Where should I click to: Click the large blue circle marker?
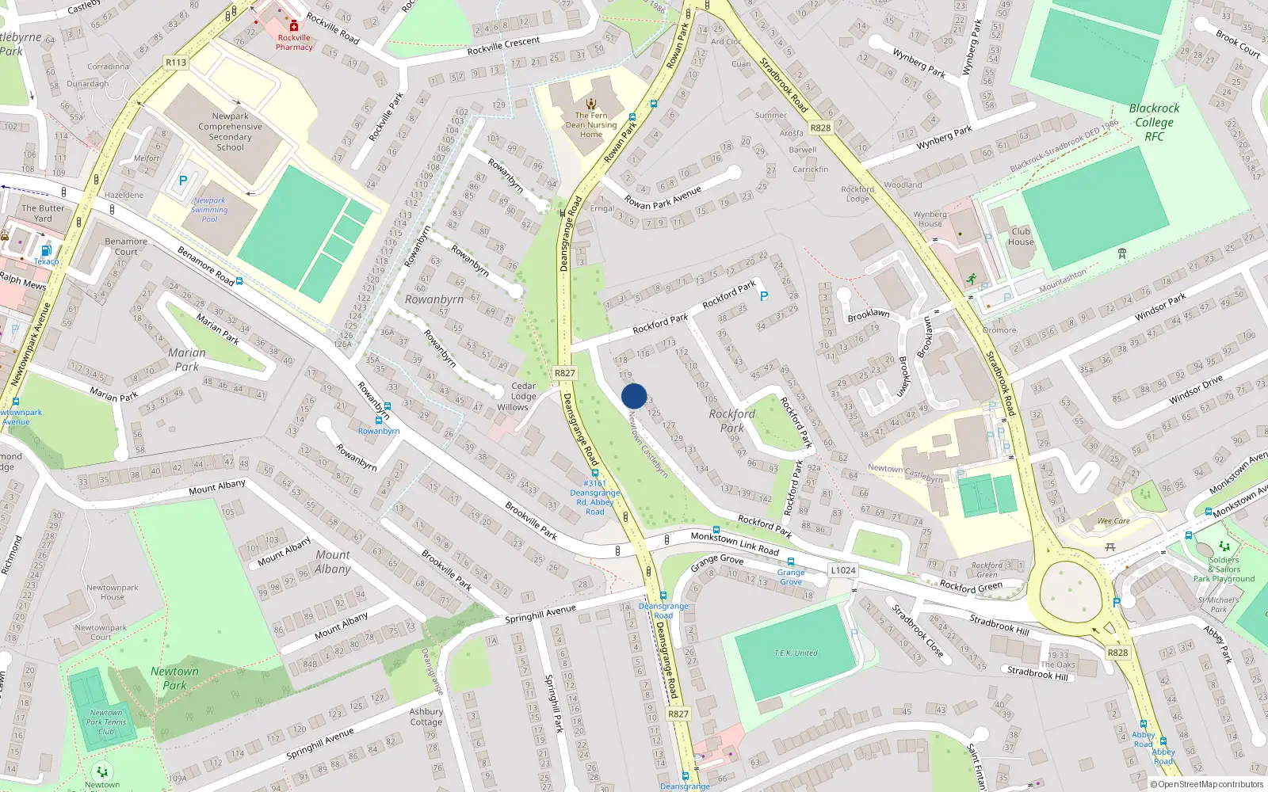[x=634, y=396]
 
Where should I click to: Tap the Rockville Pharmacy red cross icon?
[x=294, y=25]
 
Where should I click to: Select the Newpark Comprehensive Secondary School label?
[x=230, y=131]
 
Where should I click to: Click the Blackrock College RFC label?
[x=1154, y=122]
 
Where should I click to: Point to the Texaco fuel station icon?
[x=46, y=250]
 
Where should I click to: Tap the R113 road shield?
[x=176, y=62]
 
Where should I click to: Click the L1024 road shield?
[x=843, y=570]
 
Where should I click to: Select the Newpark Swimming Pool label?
[x=209, y=210]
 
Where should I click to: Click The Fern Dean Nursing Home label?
[x=591, y=125]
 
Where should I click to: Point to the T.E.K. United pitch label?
[x=796, y=653]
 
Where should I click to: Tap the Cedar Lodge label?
[x=523, y=391]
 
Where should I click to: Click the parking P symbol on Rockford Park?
[x=764, y=296]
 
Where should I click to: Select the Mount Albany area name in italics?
[x=333, y=562]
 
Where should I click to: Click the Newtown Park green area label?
[x=174, y=678]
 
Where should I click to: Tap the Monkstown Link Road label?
[x=734, y=543]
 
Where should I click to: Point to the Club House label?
[x=1021, y=237]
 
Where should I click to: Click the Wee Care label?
[x=1113, y=521]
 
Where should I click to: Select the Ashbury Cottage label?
[x=426, y=717]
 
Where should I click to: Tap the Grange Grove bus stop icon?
[x=790, y=562]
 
